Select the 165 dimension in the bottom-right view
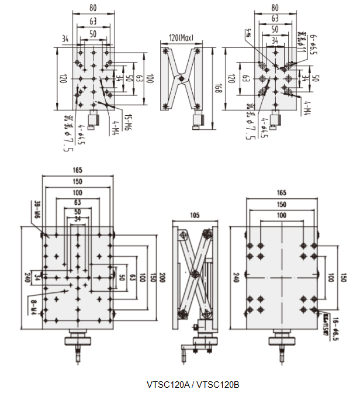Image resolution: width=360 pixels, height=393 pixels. [281, 192]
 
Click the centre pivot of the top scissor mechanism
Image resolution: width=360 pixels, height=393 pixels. [182, 77]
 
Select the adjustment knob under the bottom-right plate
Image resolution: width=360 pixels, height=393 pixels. [281, 340]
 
